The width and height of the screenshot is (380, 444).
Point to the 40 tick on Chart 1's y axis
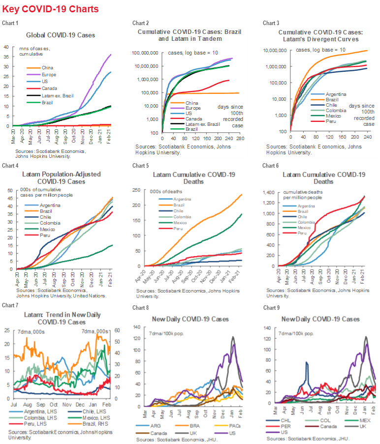[x=6, y=47]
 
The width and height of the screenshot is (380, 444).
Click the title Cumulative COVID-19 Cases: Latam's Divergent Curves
[x=318, y=35]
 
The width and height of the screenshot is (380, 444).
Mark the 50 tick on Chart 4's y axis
[x=6, y=190]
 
